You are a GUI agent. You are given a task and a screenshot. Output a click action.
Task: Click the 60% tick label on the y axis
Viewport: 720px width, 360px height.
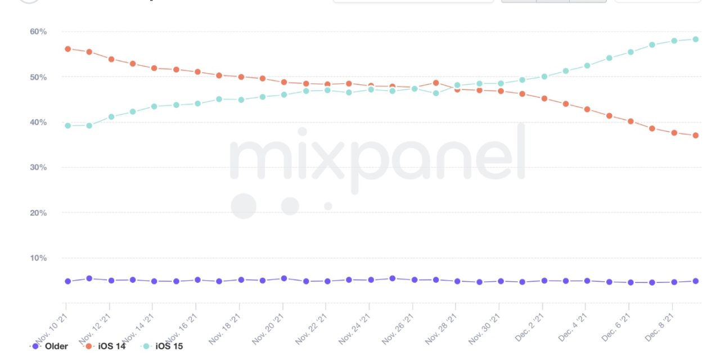(38, 31)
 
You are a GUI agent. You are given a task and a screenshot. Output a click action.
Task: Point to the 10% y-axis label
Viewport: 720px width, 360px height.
(38, 258)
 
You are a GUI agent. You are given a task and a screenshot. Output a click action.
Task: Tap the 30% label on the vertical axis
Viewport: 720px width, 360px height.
(38, 168)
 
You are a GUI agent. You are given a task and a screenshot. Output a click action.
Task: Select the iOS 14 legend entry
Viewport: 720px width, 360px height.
(111, 346)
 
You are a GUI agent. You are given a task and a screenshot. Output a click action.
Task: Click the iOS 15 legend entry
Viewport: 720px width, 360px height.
(169, 346)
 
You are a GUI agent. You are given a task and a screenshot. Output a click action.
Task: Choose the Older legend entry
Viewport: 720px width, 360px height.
(55, 346)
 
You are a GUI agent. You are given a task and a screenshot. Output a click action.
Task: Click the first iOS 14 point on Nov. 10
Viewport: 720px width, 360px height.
(67, 49)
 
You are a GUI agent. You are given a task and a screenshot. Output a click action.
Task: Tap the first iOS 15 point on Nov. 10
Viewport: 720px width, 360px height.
(67, 125)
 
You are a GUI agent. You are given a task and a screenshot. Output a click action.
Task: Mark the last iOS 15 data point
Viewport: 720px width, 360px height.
(695, 39)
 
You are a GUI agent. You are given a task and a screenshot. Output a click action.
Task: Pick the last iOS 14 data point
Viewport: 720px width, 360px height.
(695, 136)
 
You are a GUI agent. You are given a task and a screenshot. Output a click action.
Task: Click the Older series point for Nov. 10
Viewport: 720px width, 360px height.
(67, 281)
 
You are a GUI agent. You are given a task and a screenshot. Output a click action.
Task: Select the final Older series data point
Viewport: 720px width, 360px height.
(695, 281)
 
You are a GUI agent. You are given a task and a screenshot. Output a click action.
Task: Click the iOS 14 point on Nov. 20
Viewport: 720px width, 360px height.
(283, 82)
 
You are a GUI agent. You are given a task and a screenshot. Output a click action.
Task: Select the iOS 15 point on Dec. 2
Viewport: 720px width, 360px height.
(544, 76)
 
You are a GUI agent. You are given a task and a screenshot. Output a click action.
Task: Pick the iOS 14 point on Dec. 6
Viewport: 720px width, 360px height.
(631, 121)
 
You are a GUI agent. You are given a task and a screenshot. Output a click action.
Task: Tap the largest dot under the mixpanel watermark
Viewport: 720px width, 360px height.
(244, 206)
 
